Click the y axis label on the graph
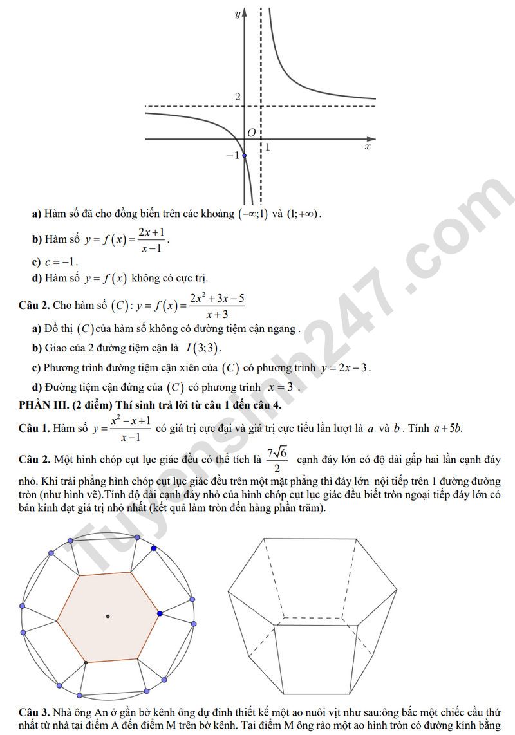pos(238,14)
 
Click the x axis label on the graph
pos(368,147)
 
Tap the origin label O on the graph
pos(252,132)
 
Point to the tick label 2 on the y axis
pos(238,97)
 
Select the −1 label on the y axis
pos(232,155)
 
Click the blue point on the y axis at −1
pos(244,156)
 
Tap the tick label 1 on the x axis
pos(267,147)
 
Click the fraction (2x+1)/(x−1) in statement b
pos(151,239)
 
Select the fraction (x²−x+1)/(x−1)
pos(131,428)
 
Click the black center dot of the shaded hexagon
pos(108,617)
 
